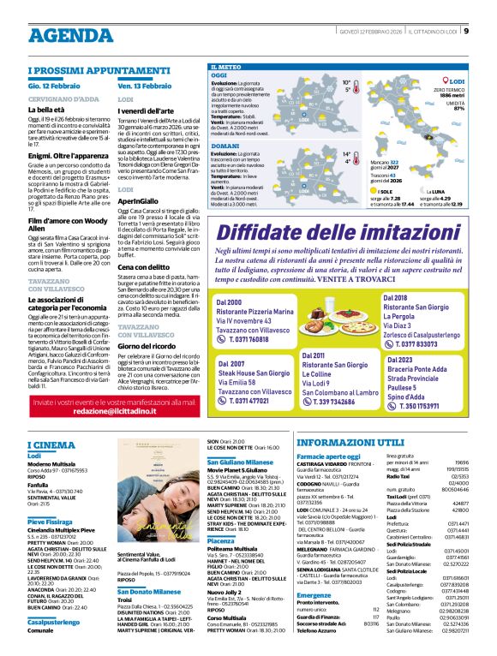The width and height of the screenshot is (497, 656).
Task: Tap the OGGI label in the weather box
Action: click(x=220, y=76)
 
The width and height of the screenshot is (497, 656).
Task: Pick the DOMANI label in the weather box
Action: click(x=225, y=145)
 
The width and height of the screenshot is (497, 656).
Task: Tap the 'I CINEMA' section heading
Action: click(x=51, y=444)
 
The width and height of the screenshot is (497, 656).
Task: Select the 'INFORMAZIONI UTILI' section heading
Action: click(x=350, y=444)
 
